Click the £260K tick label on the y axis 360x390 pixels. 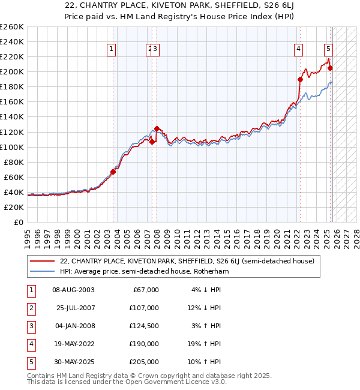(x=12, y=27)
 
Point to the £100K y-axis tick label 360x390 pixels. (x=12, y=147)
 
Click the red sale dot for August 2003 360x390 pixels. (x=113, y=172)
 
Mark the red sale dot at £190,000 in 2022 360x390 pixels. (x=300, y=79)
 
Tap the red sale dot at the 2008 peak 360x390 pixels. (x=157, y=128)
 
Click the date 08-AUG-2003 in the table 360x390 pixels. (x=73, y=290)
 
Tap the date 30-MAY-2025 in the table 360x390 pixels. (x=73, y=362)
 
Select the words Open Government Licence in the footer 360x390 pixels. (x=172, y=382)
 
